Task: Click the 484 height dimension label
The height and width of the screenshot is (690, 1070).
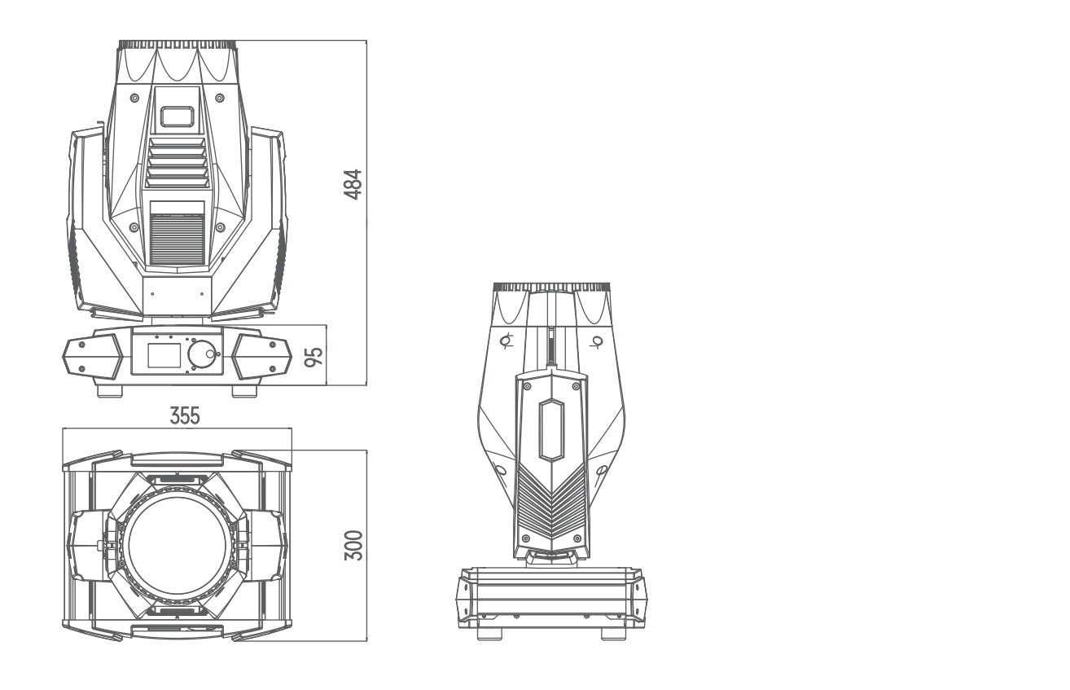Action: [353, 185]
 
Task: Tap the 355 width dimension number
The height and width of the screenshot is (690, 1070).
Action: [185, 415]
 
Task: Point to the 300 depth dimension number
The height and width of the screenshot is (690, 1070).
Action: [353, 544]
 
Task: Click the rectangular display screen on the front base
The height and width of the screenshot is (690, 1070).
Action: [164, 356]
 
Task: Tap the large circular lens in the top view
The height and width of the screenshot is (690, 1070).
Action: [177, 544]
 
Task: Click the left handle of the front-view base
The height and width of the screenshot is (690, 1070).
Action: [92, 356]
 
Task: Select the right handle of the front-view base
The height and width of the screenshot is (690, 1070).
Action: [261, 356]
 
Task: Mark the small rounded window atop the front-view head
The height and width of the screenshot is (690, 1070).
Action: [177, 116]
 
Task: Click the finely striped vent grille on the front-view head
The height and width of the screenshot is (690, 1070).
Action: [177, 240]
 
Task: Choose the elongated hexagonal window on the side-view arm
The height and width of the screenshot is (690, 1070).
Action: [551, 429]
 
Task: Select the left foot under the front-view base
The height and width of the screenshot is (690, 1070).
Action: [109, 392]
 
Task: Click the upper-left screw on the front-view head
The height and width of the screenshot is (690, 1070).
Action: [134, 98]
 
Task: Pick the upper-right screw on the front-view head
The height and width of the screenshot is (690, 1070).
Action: [220, 98]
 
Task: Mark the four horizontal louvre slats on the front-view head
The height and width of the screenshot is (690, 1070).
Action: [177, 163]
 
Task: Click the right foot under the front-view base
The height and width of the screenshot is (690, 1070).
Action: [244, 392]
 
